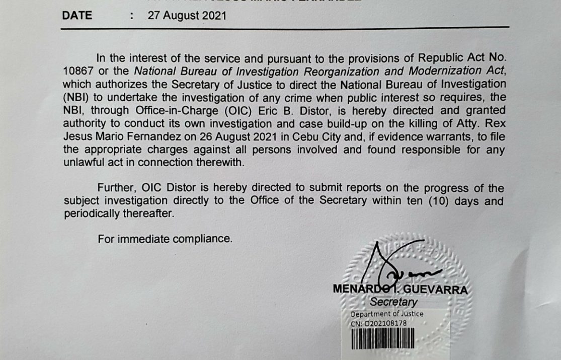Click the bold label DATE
click(x=77, y=16)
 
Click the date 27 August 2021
click(x=187, y=16)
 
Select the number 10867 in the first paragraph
click(x=79, y=70)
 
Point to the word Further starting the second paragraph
click(x=117, y=188)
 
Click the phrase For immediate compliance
click(x=166, y=239)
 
